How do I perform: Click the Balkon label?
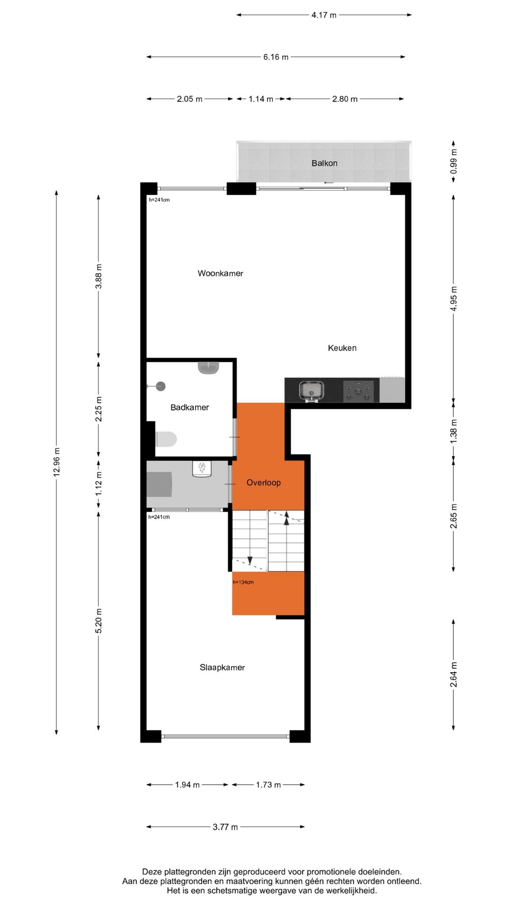click(324, 163)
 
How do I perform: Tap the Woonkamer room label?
click(220, 273)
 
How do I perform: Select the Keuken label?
click(342, 348)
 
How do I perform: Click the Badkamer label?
click(189, 407)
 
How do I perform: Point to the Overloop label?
click(263, 482)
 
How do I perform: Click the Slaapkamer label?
click(222, 667)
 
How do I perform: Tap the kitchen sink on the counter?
click(312, 391)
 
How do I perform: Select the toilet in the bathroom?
click(166, 439)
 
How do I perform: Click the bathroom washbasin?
click(208, 368)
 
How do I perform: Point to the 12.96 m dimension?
click(57, 462)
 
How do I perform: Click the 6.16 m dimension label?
click(276, 57)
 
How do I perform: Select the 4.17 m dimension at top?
click(324, 15)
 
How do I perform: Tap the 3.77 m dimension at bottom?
click(225, 827)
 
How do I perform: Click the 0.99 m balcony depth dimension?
click(453, 162)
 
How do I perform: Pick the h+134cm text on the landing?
click(243, 582)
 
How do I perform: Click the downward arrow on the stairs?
click(250, 561)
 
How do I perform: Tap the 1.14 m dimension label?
click(261, 99)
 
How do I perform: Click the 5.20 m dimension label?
click(99, 621)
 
